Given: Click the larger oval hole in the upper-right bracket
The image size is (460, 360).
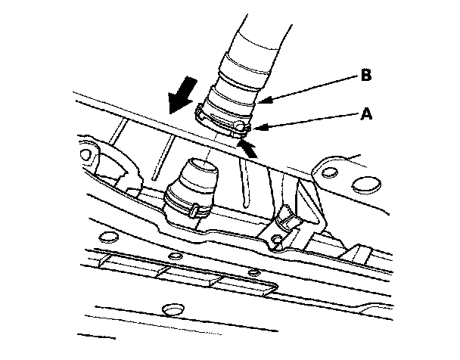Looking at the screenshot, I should [x=365, y=184].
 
